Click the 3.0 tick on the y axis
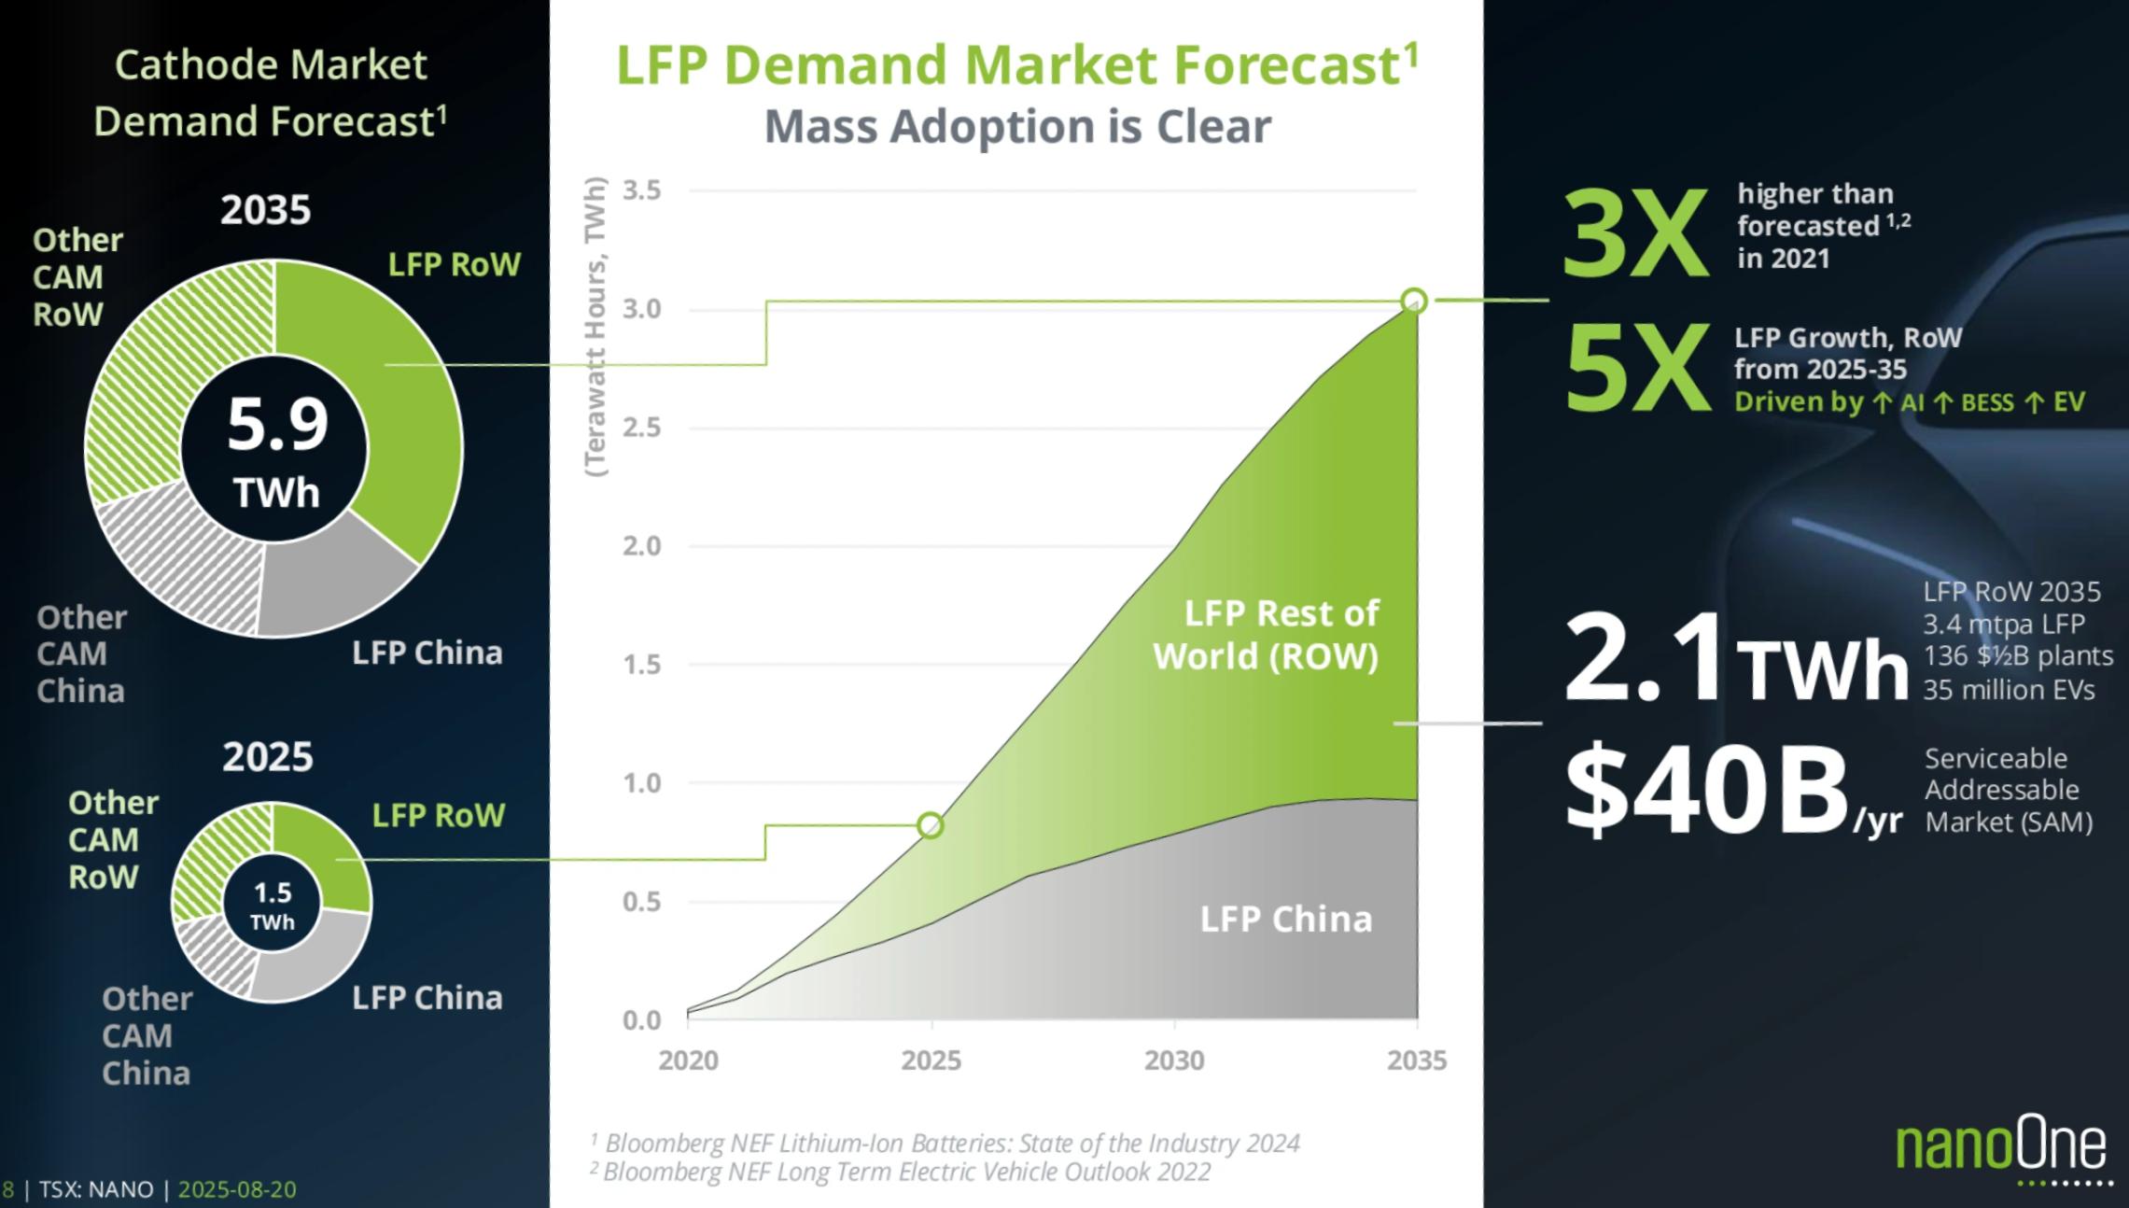[x=641, y=309]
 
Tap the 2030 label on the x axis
[x=1174, y=1061]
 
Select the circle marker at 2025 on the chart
[x=931, y=825]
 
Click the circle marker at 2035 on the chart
[x=1414, y=301]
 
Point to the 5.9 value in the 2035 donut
[x=277, y=425]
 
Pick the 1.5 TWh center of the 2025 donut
[x=273, y=905]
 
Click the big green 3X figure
[x=1635, y=233]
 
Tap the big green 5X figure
[x=1635, y=370]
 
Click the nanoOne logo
[x=2001, y=1147]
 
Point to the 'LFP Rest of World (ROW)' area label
[x=1266, y=635]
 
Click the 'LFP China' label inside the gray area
[x=1285, y=920]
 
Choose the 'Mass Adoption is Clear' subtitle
[x=1017, y=126]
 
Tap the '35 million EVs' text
[x=2009, y=690]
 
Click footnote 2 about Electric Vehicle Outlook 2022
[x=905, y=1172]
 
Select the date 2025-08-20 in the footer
[x=237, y=1189]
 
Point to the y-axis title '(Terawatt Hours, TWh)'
[x=595, y=327]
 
